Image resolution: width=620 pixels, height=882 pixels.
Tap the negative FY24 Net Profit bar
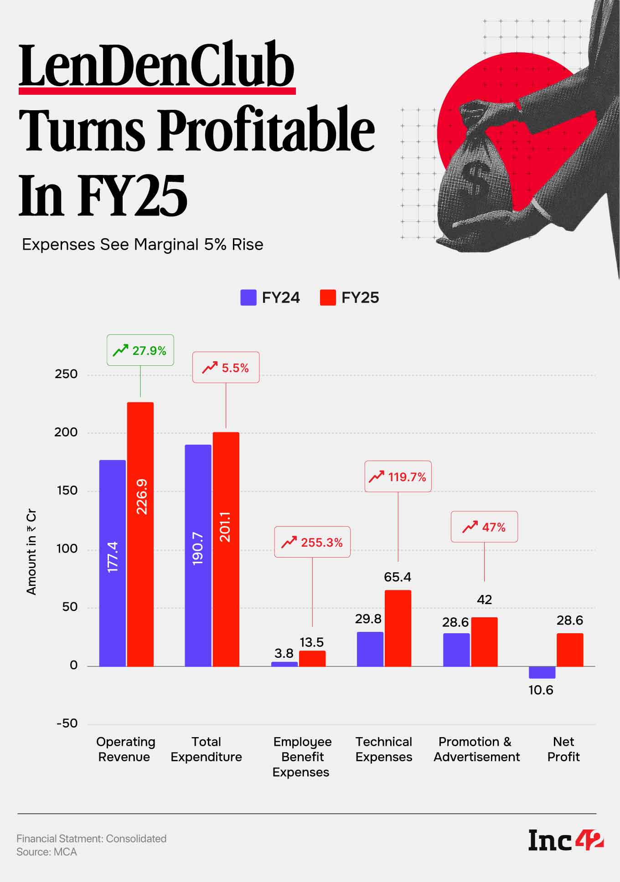pos(542,672)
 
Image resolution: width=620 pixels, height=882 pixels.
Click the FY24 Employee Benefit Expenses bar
pos(284,664)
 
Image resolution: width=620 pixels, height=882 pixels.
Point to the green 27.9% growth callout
pos(140,350)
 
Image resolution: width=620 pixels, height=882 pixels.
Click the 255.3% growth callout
pos(312,542)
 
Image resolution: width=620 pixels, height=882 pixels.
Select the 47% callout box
pos(484,527)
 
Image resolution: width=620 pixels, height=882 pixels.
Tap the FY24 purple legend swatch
pos(248,297)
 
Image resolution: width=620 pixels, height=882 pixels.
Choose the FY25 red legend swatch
pos(328,297)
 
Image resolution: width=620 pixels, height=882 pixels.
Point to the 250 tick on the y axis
pos(66,374)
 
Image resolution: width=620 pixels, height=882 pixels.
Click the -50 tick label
pos(67,723)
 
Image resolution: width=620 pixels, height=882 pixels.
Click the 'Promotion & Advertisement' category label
pos(476,749)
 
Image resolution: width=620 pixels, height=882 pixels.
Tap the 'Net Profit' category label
pos(563,749)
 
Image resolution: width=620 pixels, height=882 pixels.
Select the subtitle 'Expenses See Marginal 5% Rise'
pos(143,245)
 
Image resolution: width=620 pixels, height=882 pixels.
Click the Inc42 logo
pos(566,840)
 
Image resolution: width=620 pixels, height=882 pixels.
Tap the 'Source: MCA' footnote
pos(46,852)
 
